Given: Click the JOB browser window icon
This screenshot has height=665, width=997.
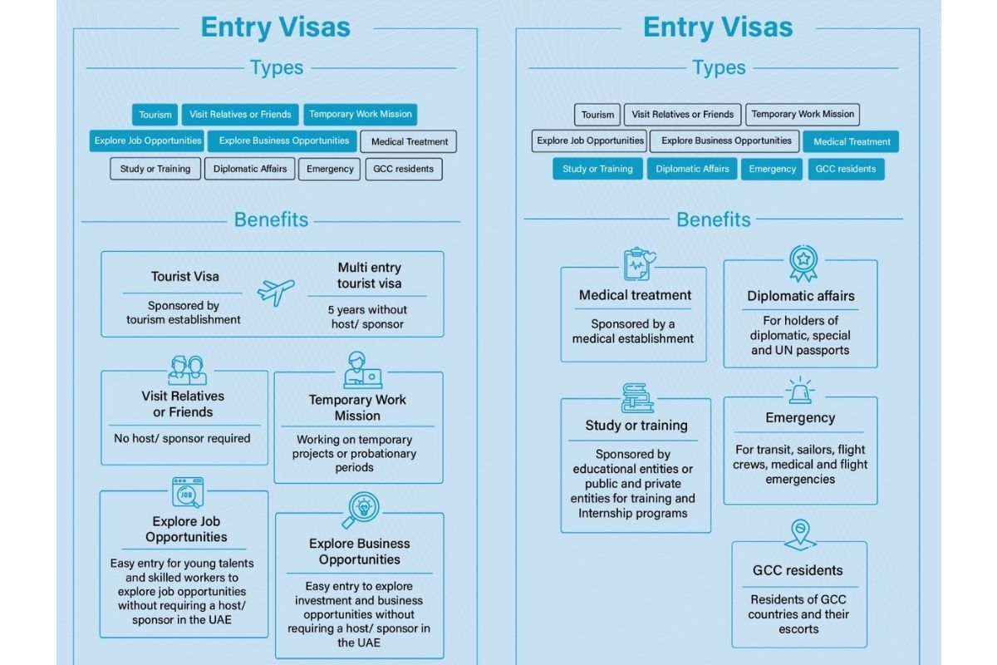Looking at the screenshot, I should click(188, 492).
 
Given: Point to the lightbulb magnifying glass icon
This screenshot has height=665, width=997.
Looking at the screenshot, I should click(361, 510).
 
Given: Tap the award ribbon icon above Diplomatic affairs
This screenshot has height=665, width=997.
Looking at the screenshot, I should click(803, 264).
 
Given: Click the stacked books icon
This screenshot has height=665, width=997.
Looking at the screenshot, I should click(637, 398).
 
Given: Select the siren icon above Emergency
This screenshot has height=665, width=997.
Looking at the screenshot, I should click(799, 391).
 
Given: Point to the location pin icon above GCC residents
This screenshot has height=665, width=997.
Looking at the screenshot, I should click(799, 534).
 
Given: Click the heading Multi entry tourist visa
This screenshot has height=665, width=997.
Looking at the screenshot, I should click(369, 275).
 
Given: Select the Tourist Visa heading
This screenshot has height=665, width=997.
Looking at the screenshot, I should click(184, 276).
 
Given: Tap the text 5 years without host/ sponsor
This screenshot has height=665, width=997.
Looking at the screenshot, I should click(367, 317).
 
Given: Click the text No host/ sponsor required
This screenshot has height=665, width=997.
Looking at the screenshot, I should click(182, 438).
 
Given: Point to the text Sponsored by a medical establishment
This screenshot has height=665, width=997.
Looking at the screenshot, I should click(633, 331).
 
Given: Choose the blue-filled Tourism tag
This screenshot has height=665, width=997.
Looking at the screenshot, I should click(155, 115).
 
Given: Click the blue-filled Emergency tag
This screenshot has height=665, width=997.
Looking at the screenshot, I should click(772, 169).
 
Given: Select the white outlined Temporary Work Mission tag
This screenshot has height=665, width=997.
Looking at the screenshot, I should click(803, 115).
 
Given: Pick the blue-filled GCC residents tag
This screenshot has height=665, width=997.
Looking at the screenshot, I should click(846, 169).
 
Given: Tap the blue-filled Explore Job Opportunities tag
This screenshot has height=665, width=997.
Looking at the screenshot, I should click(147, 140).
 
